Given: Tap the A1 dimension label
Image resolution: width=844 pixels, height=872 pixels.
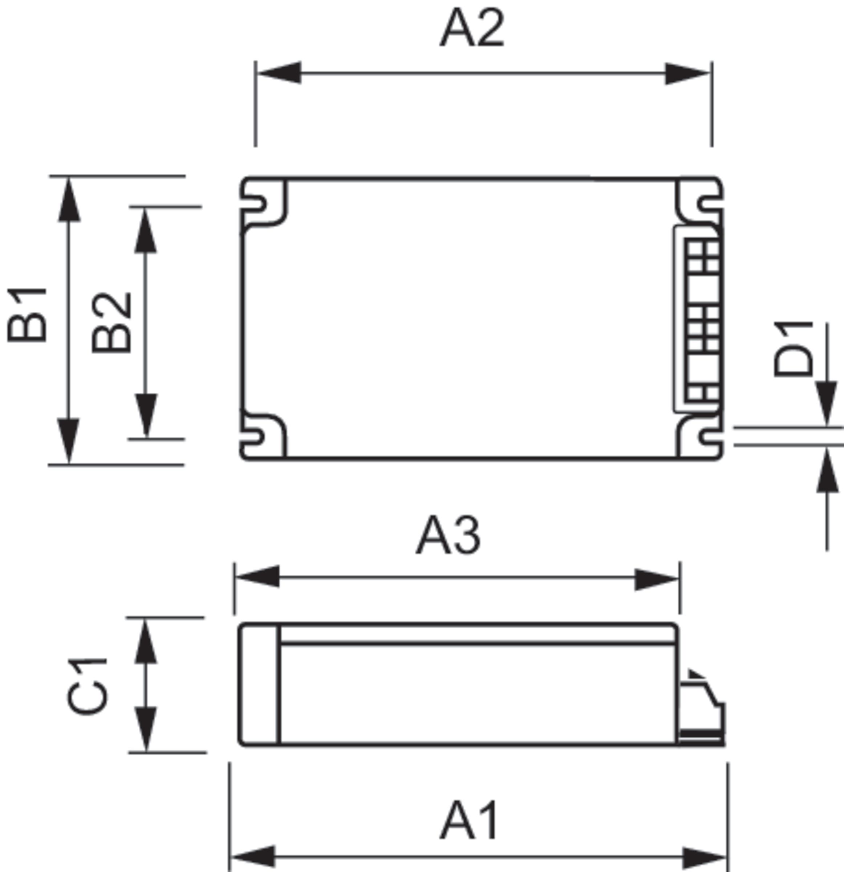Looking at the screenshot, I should [x=470, y=820].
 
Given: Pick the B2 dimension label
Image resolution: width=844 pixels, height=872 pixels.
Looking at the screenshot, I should [x=111, y=322].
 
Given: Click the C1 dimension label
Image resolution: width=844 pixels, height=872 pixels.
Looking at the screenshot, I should [x=88, y=686].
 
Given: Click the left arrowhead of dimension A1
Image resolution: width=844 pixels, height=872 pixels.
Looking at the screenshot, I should [x=252, y=856].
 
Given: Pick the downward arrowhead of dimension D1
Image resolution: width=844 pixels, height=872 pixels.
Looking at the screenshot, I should [x=826, y=402].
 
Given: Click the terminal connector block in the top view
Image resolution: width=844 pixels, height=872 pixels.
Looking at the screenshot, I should [x=702, y=319].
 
